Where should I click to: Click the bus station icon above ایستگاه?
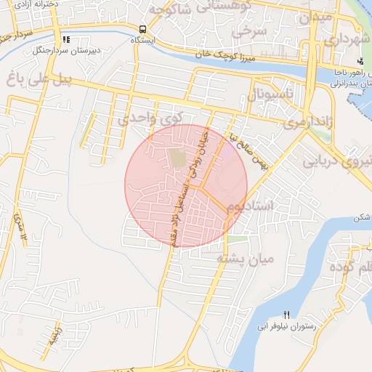[x=143, y=30]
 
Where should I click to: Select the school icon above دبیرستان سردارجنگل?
[x=66, y=40]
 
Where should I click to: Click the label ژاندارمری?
[x=307, y=123]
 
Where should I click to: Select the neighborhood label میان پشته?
[x=245, y=258]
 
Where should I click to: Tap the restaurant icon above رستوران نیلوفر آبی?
[x=286, y=315]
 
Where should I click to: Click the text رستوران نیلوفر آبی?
[x=286, y=327]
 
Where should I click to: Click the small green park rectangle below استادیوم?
[x=236, y=238]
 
